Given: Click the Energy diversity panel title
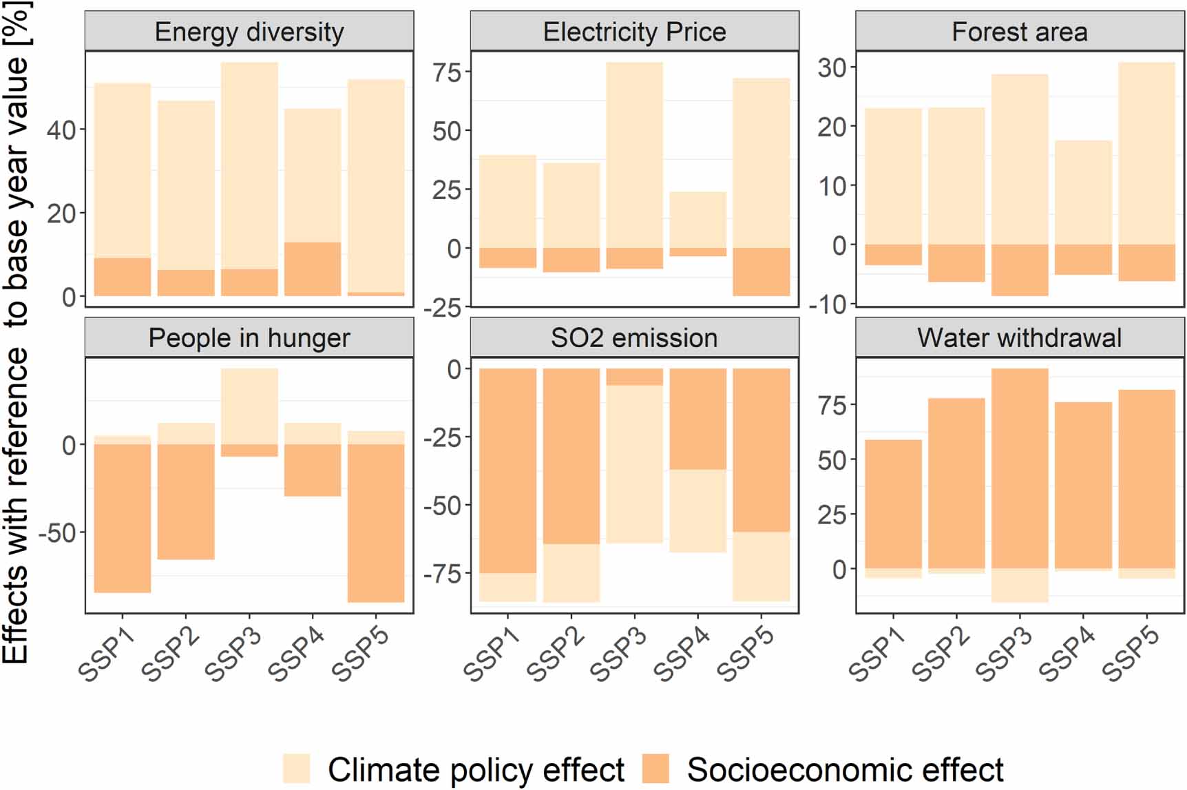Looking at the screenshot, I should pos(249,32).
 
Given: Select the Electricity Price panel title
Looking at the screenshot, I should pos(634,32).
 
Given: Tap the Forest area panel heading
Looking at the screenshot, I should pos(1020,32).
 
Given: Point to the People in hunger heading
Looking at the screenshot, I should pos(249,337).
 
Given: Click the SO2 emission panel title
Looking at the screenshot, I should pos(634,337).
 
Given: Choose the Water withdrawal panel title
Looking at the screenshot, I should pos(1020,337).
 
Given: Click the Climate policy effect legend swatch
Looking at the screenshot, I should pos(296,769).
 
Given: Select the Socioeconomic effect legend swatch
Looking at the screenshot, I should pos(655,769).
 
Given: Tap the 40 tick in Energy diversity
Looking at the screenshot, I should pos(61,129).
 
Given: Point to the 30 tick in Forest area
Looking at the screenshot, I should pos(832,67).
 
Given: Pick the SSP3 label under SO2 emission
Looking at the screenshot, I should pos(618,654).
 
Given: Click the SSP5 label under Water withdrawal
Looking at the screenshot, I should pos(1131,654).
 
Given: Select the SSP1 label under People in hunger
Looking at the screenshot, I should pos(106,654).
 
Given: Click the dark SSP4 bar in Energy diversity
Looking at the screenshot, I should pos(313,269).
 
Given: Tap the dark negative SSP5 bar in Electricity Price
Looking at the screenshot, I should pos(761,271).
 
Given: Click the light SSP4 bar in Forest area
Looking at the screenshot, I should pos(1083,192).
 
